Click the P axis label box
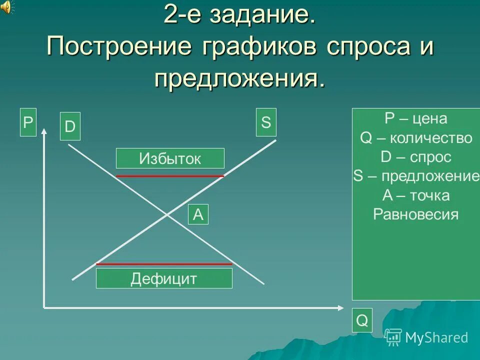[x=28, y=122]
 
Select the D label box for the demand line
[x=69, y=127]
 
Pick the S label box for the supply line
[x=266, y=122]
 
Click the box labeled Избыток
[x=170, y=158]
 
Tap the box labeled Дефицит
[x=164, y=278]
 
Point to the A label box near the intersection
[x=198, y=214]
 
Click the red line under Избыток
[x=170, y=176]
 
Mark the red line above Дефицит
[x=164, y=263]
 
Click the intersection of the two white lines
[x=167, y=214]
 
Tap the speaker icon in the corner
[x=7, y=7]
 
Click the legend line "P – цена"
[x=416, y=119]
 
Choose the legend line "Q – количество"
[x=416, y=138]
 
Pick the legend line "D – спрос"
[x=416, y=157]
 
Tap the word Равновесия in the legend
[x=416, y=214]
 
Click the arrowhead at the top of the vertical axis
[x=44, y=131]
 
